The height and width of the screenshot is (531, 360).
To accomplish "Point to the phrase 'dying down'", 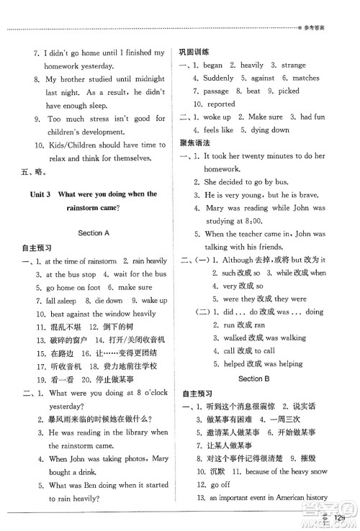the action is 268,130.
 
